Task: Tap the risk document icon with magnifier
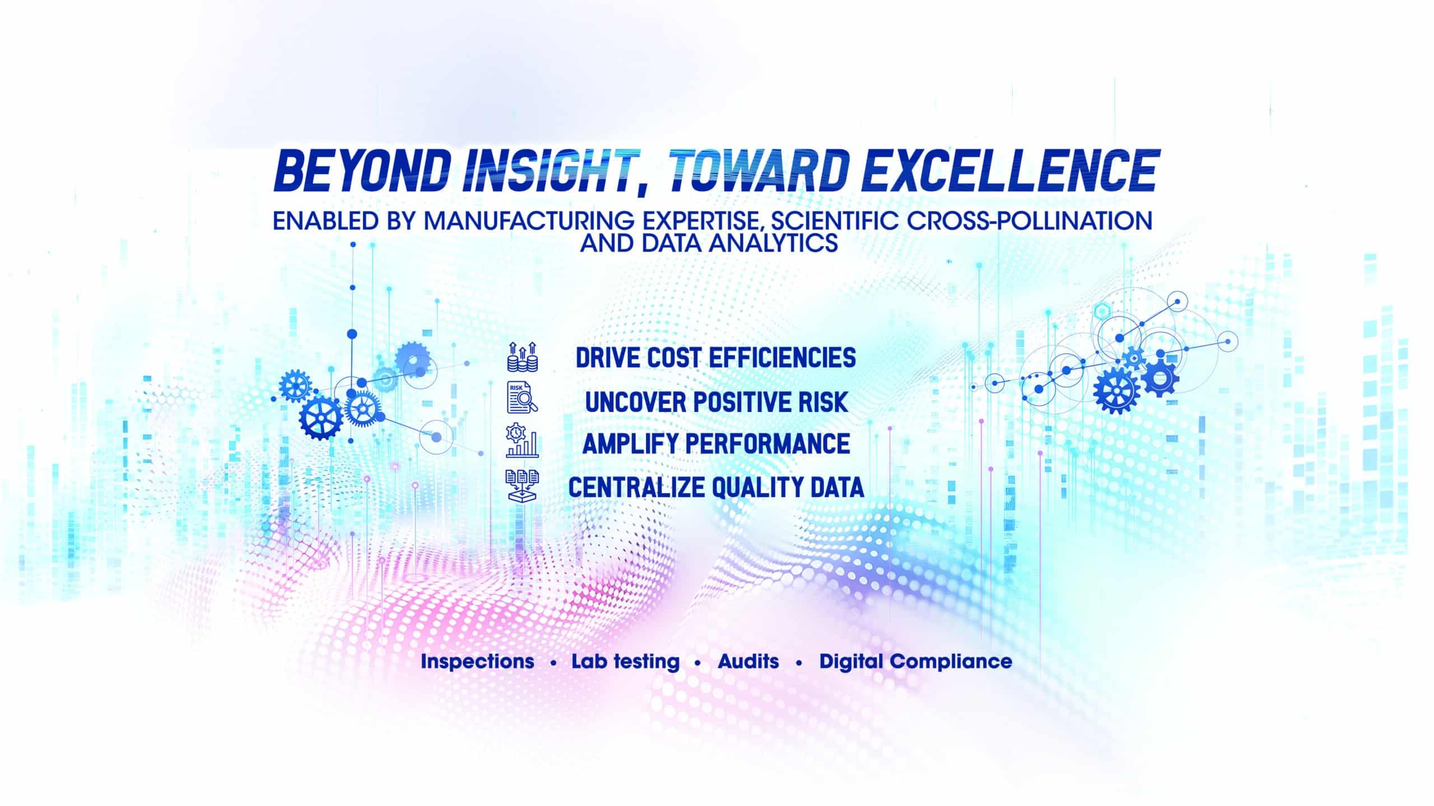click(x=522, y=399)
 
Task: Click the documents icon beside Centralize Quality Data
click(x=522, y=485)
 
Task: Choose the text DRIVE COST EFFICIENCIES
click(x=716, y=358)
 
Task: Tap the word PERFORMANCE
click(x=768, y=444)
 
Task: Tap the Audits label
click(x=748, y=662)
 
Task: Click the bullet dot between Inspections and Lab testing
click(x=553, y=664)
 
